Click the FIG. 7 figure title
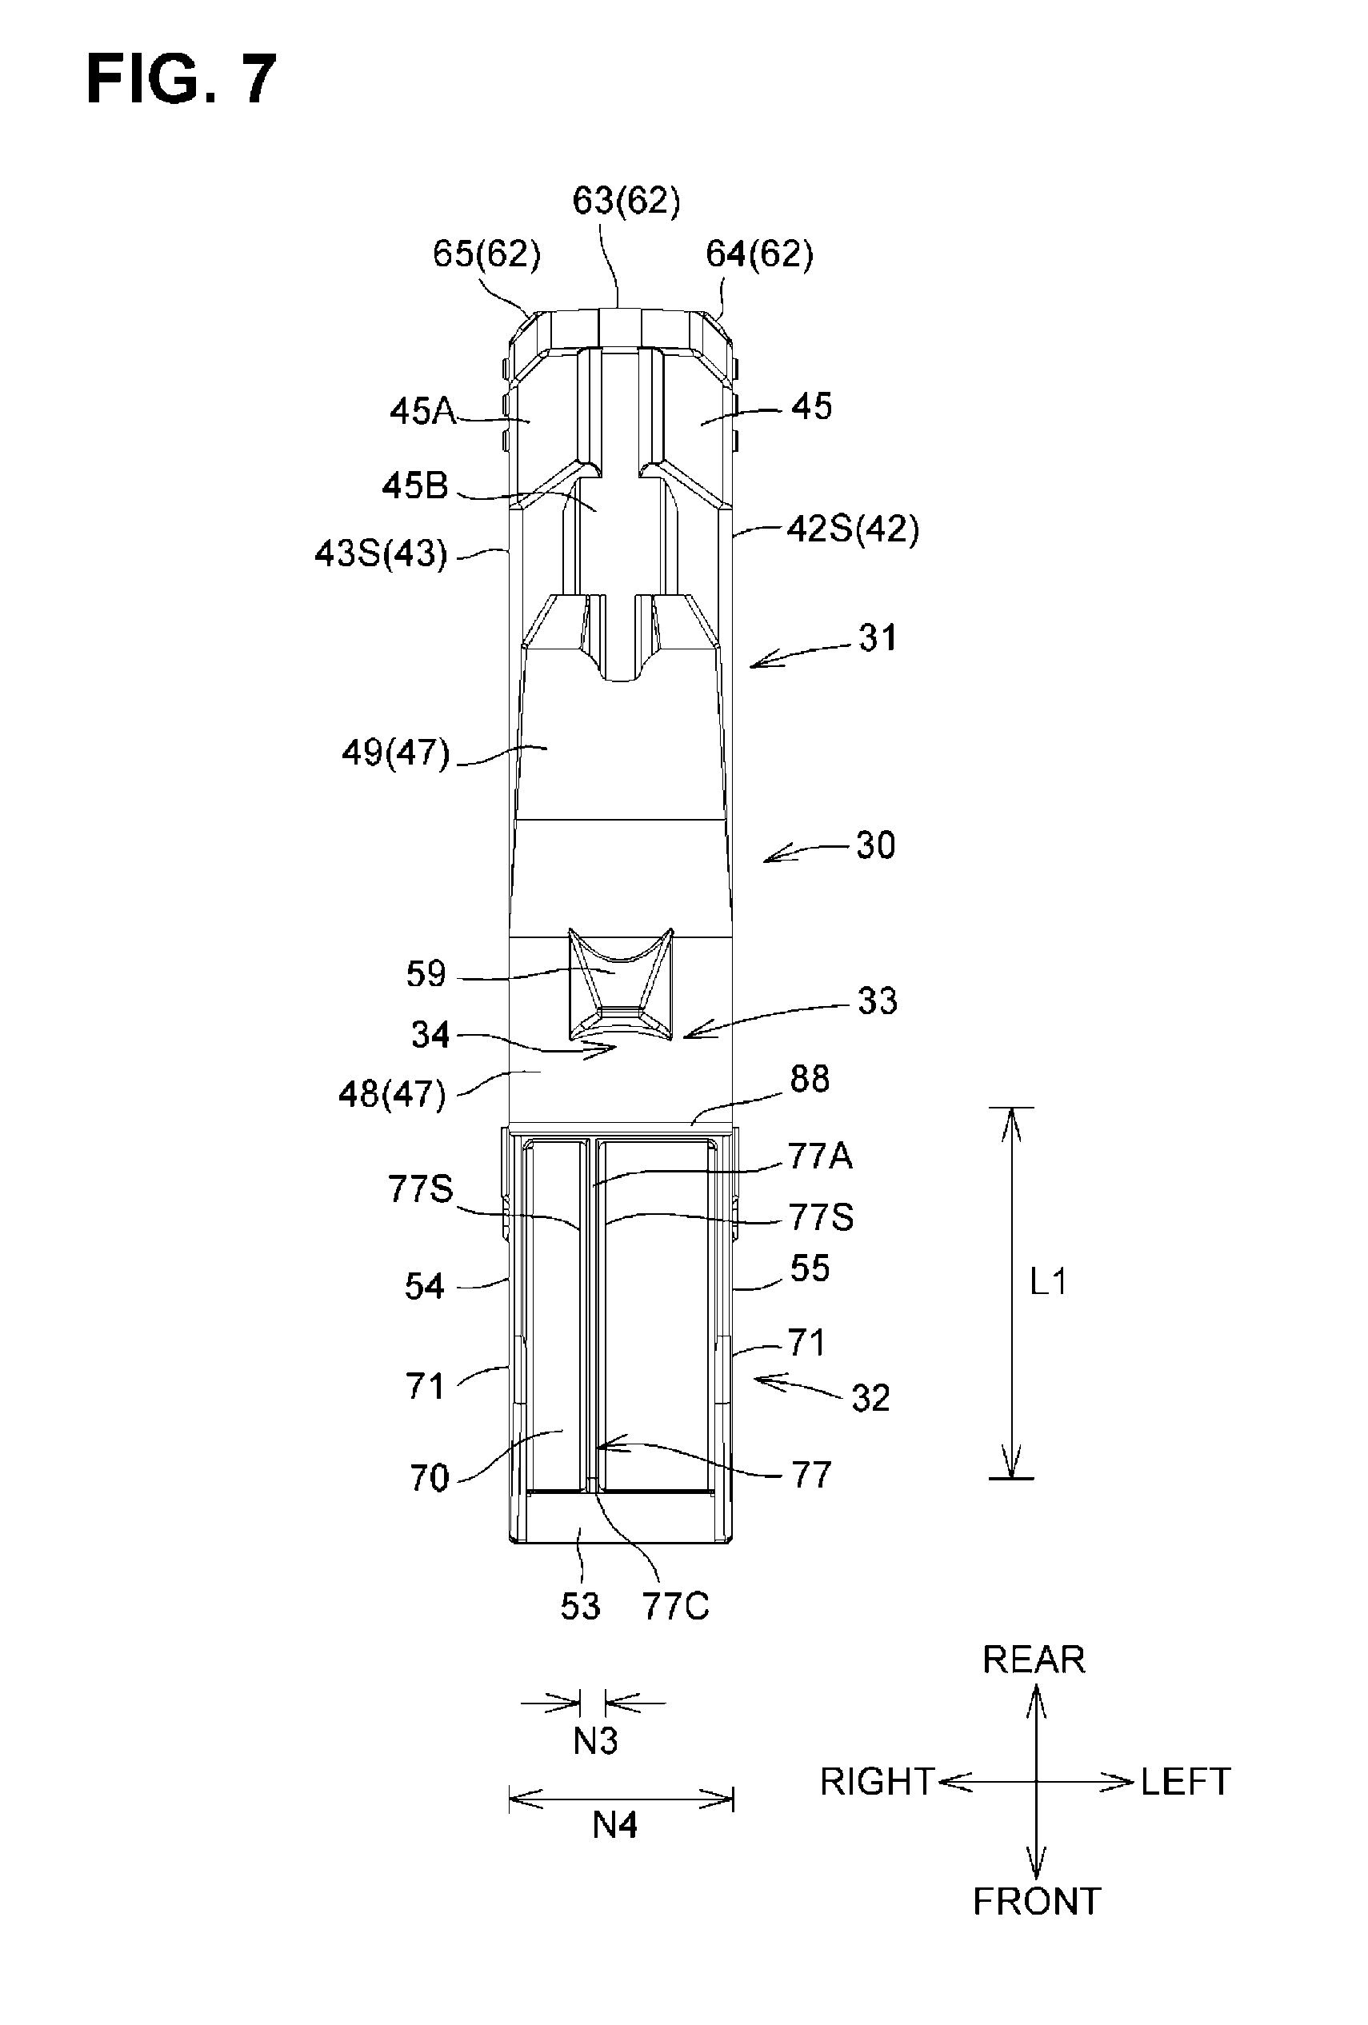pyautogui.click(x=182, y=78)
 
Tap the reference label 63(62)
pyautogui.click(x=626, y=202)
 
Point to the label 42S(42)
pyautogui.click(x=852, y=529)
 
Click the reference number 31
pyautogui.click(x=878, y=639)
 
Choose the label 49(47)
pyautogui.click(x=395, y=752)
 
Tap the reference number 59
pyautogui.click(x=426, y=974)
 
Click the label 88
pyautogui.click(x=809, y=1080)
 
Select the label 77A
pyautogui.click(x=820, y=1156)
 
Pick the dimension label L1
pyautogui.click(x=1048, y=1283)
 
